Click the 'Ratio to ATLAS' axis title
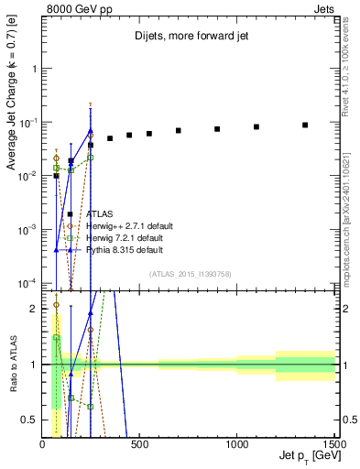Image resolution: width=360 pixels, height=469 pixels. (x=12, y=365)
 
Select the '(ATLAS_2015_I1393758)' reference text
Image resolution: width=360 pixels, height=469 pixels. (x=189, y=274)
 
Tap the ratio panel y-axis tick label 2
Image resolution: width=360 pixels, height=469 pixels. (x=34, y=309)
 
